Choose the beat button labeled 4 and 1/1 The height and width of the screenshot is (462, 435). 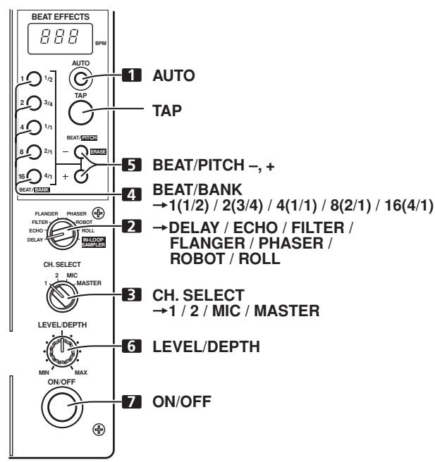click(x=32, y=127)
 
